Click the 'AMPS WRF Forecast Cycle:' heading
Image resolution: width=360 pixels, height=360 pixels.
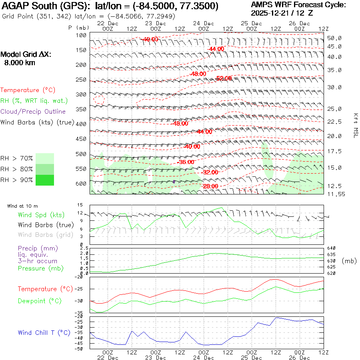coord(298,5)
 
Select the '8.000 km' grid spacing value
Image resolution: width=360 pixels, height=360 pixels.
coord(19,63)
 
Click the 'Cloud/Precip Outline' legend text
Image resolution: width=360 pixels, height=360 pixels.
coord(33,112)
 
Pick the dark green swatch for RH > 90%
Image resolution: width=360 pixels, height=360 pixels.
coord(44,180)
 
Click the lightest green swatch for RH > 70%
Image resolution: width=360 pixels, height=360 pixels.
coord(44,158)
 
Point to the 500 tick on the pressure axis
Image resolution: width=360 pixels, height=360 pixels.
coord(81,154)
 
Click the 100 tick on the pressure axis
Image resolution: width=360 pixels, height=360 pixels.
coord(81,35)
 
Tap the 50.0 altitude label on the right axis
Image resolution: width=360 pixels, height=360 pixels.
coord(334,38)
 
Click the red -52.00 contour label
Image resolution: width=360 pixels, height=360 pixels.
coord(224,78)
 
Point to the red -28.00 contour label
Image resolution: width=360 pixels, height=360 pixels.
coord(210,186)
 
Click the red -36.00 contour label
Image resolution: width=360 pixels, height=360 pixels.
coord(186,162)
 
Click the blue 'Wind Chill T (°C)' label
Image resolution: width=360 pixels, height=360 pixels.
coord(44,333)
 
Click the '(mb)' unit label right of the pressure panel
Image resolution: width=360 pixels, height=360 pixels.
coord(349,261)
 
